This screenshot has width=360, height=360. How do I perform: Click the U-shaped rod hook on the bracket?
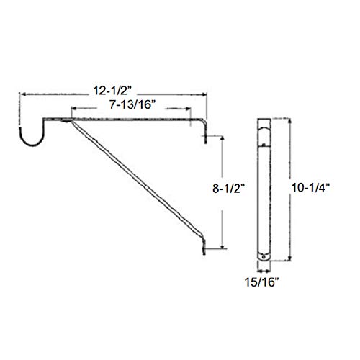pyautogui.click(x=33, y=137)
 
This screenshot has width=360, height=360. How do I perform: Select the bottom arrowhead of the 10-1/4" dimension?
pyautogui.click(x=291, y=260)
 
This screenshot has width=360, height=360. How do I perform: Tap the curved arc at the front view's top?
pyautogui.click(x=264, y=130)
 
